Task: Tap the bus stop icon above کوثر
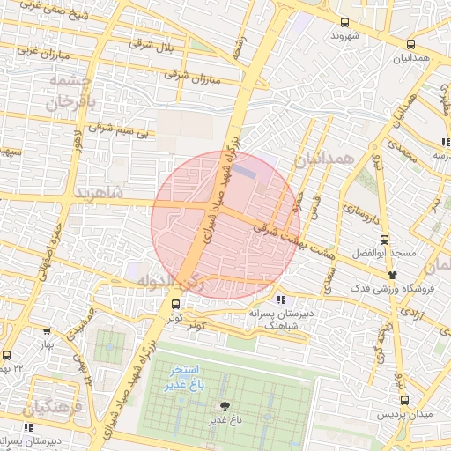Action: coord(174,304)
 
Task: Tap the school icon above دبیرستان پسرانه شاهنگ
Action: coord(280,300)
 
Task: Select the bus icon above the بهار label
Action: coord(46,331)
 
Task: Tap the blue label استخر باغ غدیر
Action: coord(188,379)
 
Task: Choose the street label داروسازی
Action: coord(359,211)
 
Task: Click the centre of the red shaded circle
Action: coord(225,225)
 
